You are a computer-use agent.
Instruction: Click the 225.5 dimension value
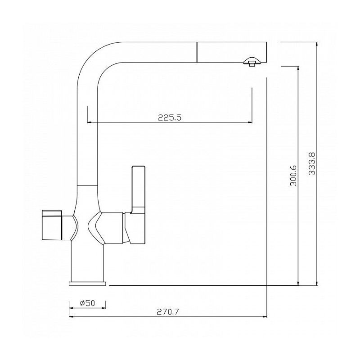point(170,117)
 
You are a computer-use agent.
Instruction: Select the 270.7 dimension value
point(168,312)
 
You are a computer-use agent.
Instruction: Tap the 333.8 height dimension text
point(312,164)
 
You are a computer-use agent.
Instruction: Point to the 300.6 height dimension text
point(293,175)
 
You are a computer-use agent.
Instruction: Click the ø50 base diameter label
point(87,303)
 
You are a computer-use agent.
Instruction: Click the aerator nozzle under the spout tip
point(252,62)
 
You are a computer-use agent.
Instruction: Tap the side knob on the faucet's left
point(52,225)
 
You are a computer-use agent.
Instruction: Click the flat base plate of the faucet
point(87,283)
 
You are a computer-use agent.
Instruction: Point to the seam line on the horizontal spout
point(197,52)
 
